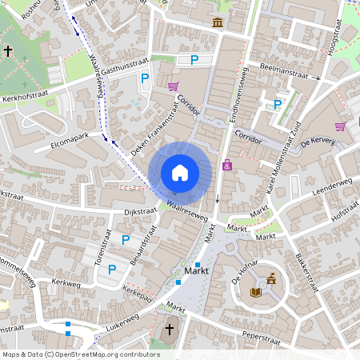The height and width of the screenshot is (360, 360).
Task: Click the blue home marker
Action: point(180,172)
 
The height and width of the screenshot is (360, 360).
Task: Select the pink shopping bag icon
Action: point(228,165)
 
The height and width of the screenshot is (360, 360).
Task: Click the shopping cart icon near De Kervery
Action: point(341,126)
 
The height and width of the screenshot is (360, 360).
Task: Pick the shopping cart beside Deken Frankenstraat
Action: point(173,86)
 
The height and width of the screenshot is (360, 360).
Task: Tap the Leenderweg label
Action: point(334,183)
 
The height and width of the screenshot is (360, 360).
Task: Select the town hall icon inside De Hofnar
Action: point(273,279)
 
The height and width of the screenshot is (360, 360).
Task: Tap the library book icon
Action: point(257,293)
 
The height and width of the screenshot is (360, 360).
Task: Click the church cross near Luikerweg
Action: point(169,330)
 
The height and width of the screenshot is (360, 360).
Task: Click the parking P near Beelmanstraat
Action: point(278,104)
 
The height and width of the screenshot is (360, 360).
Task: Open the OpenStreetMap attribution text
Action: point(81,354)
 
